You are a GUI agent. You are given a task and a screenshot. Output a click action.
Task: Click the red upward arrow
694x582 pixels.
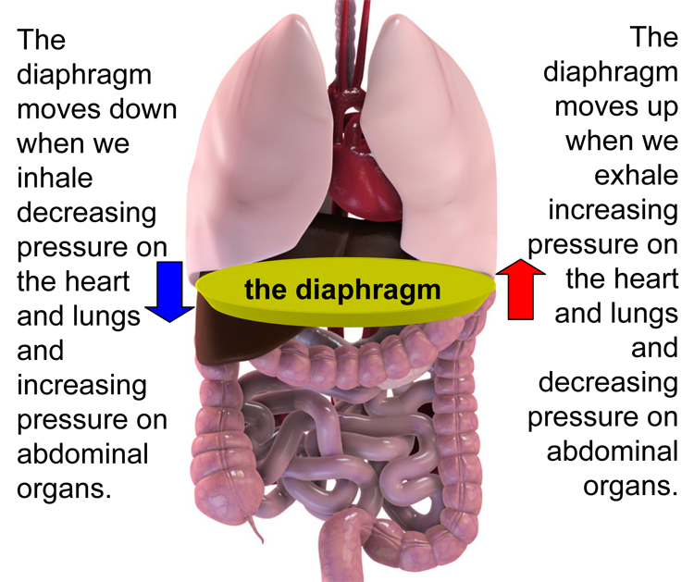[522, 289]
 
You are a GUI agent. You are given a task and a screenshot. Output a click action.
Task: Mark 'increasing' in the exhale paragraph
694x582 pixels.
[613, 211]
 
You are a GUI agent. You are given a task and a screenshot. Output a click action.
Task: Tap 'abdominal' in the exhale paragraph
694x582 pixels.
[612, 452]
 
